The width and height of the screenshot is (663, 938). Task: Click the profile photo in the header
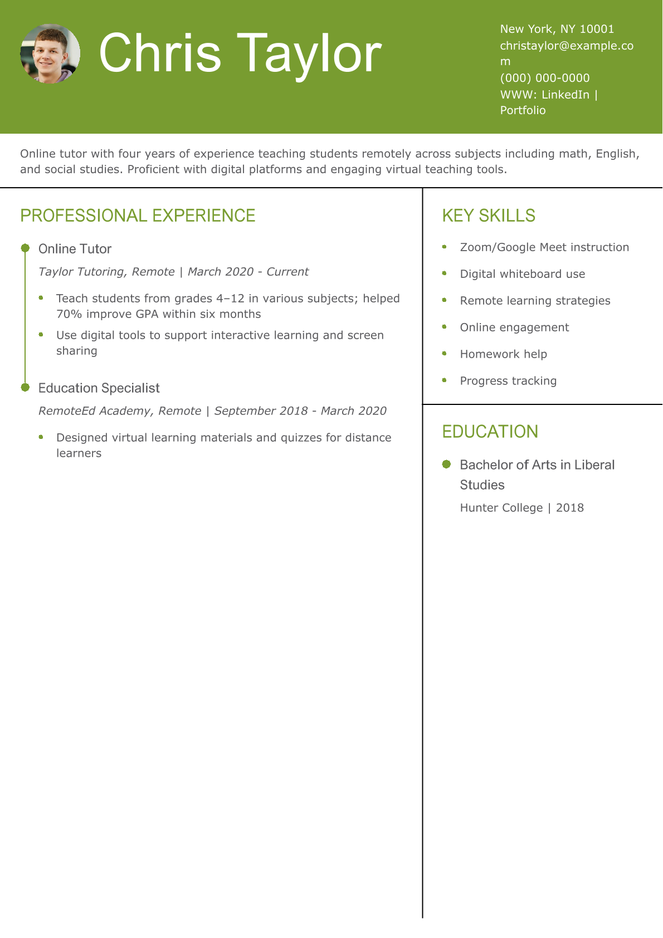point(50,53)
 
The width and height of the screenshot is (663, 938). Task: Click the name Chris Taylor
point(240,53)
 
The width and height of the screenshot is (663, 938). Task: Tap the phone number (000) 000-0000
point(544,78)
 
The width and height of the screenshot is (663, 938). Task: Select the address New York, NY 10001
point(557,29)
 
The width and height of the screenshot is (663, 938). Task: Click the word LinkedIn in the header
point(565,95)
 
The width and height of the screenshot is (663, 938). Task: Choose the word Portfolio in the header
point(523,110)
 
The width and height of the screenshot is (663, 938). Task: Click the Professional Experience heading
point(138,216)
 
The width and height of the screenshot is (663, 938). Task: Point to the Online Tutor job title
point(75,249)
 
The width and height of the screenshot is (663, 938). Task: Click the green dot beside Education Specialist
point(25,387)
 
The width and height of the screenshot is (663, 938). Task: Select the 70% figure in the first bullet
point(69,314)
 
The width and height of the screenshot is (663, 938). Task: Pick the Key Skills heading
point(489,216)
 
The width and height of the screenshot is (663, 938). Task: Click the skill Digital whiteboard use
point(522,274)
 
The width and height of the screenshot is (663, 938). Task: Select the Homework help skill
point(503,354)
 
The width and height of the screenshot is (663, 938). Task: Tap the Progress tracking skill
point(508,381)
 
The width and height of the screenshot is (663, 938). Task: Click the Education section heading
point(490,432)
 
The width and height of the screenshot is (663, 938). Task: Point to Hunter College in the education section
point(501,508)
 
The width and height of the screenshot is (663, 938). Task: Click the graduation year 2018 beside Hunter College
point(569,508)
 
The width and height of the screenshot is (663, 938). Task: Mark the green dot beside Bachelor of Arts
point(446,464)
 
